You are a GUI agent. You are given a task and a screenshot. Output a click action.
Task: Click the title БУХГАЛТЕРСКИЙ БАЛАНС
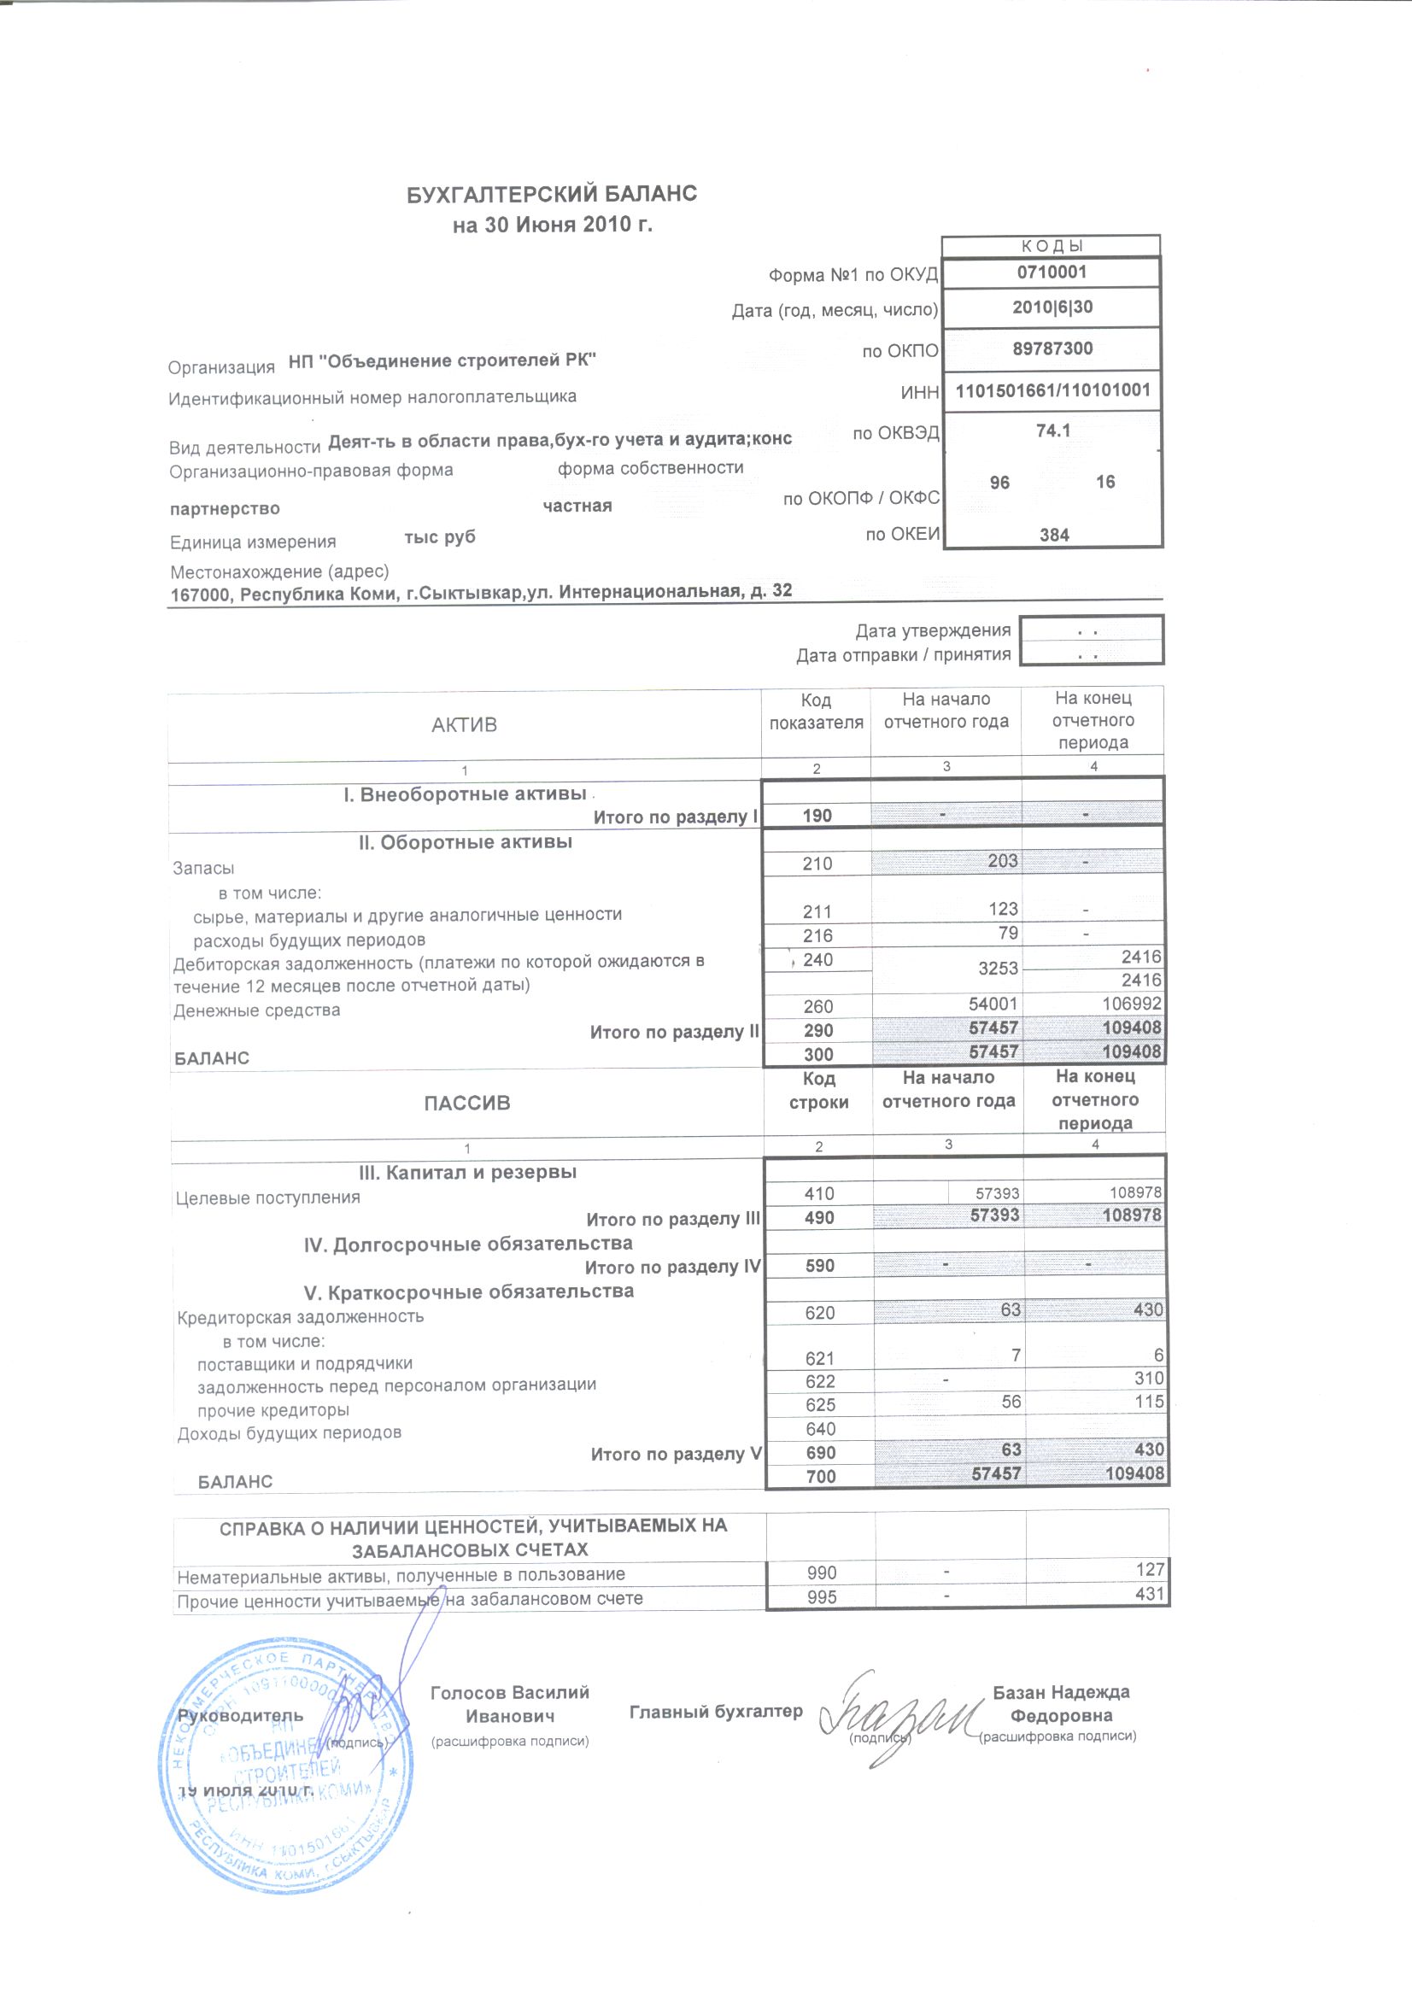tap(552, 193)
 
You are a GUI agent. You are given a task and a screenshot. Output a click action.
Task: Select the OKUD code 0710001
tap(1052, 272)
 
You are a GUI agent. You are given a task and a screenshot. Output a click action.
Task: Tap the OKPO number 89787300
tap(1052, 348)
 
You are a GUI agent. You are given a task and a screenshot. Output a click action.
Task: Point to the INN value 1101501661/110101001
tap(1052, 390)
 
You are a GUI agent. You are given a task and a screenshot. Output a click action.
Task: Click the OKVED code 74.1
tap(1052, 430)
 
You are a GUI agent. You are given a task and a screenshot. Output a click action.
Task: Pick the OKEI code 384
tap(1053, 535)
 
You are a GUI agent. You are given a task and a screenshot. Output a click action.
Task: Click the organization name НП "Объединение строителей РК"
tap(442, 360)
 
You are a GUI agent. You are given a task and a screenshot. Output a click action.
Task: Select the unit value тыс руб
tap(439, 536)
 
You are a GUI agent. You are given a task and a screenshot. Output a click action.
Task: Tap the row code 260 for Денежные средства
tap(817, 1006)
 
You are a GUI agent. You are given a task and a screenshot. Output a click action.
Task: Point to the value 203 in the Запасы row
tap(1002, 860)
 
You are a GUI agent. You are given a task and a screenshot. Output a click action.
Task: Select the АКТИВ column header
tap(464, 724)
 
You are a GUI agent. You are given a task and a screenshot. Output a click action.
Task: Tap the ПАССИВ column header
tap(467, 1103)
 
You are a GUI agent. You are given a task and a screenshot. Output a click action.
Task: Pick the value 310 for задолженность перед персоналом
tap(1148, 1378)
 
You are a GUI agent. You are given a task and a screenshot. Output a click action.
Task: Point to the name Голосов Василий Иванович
tap(510, 1704)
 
